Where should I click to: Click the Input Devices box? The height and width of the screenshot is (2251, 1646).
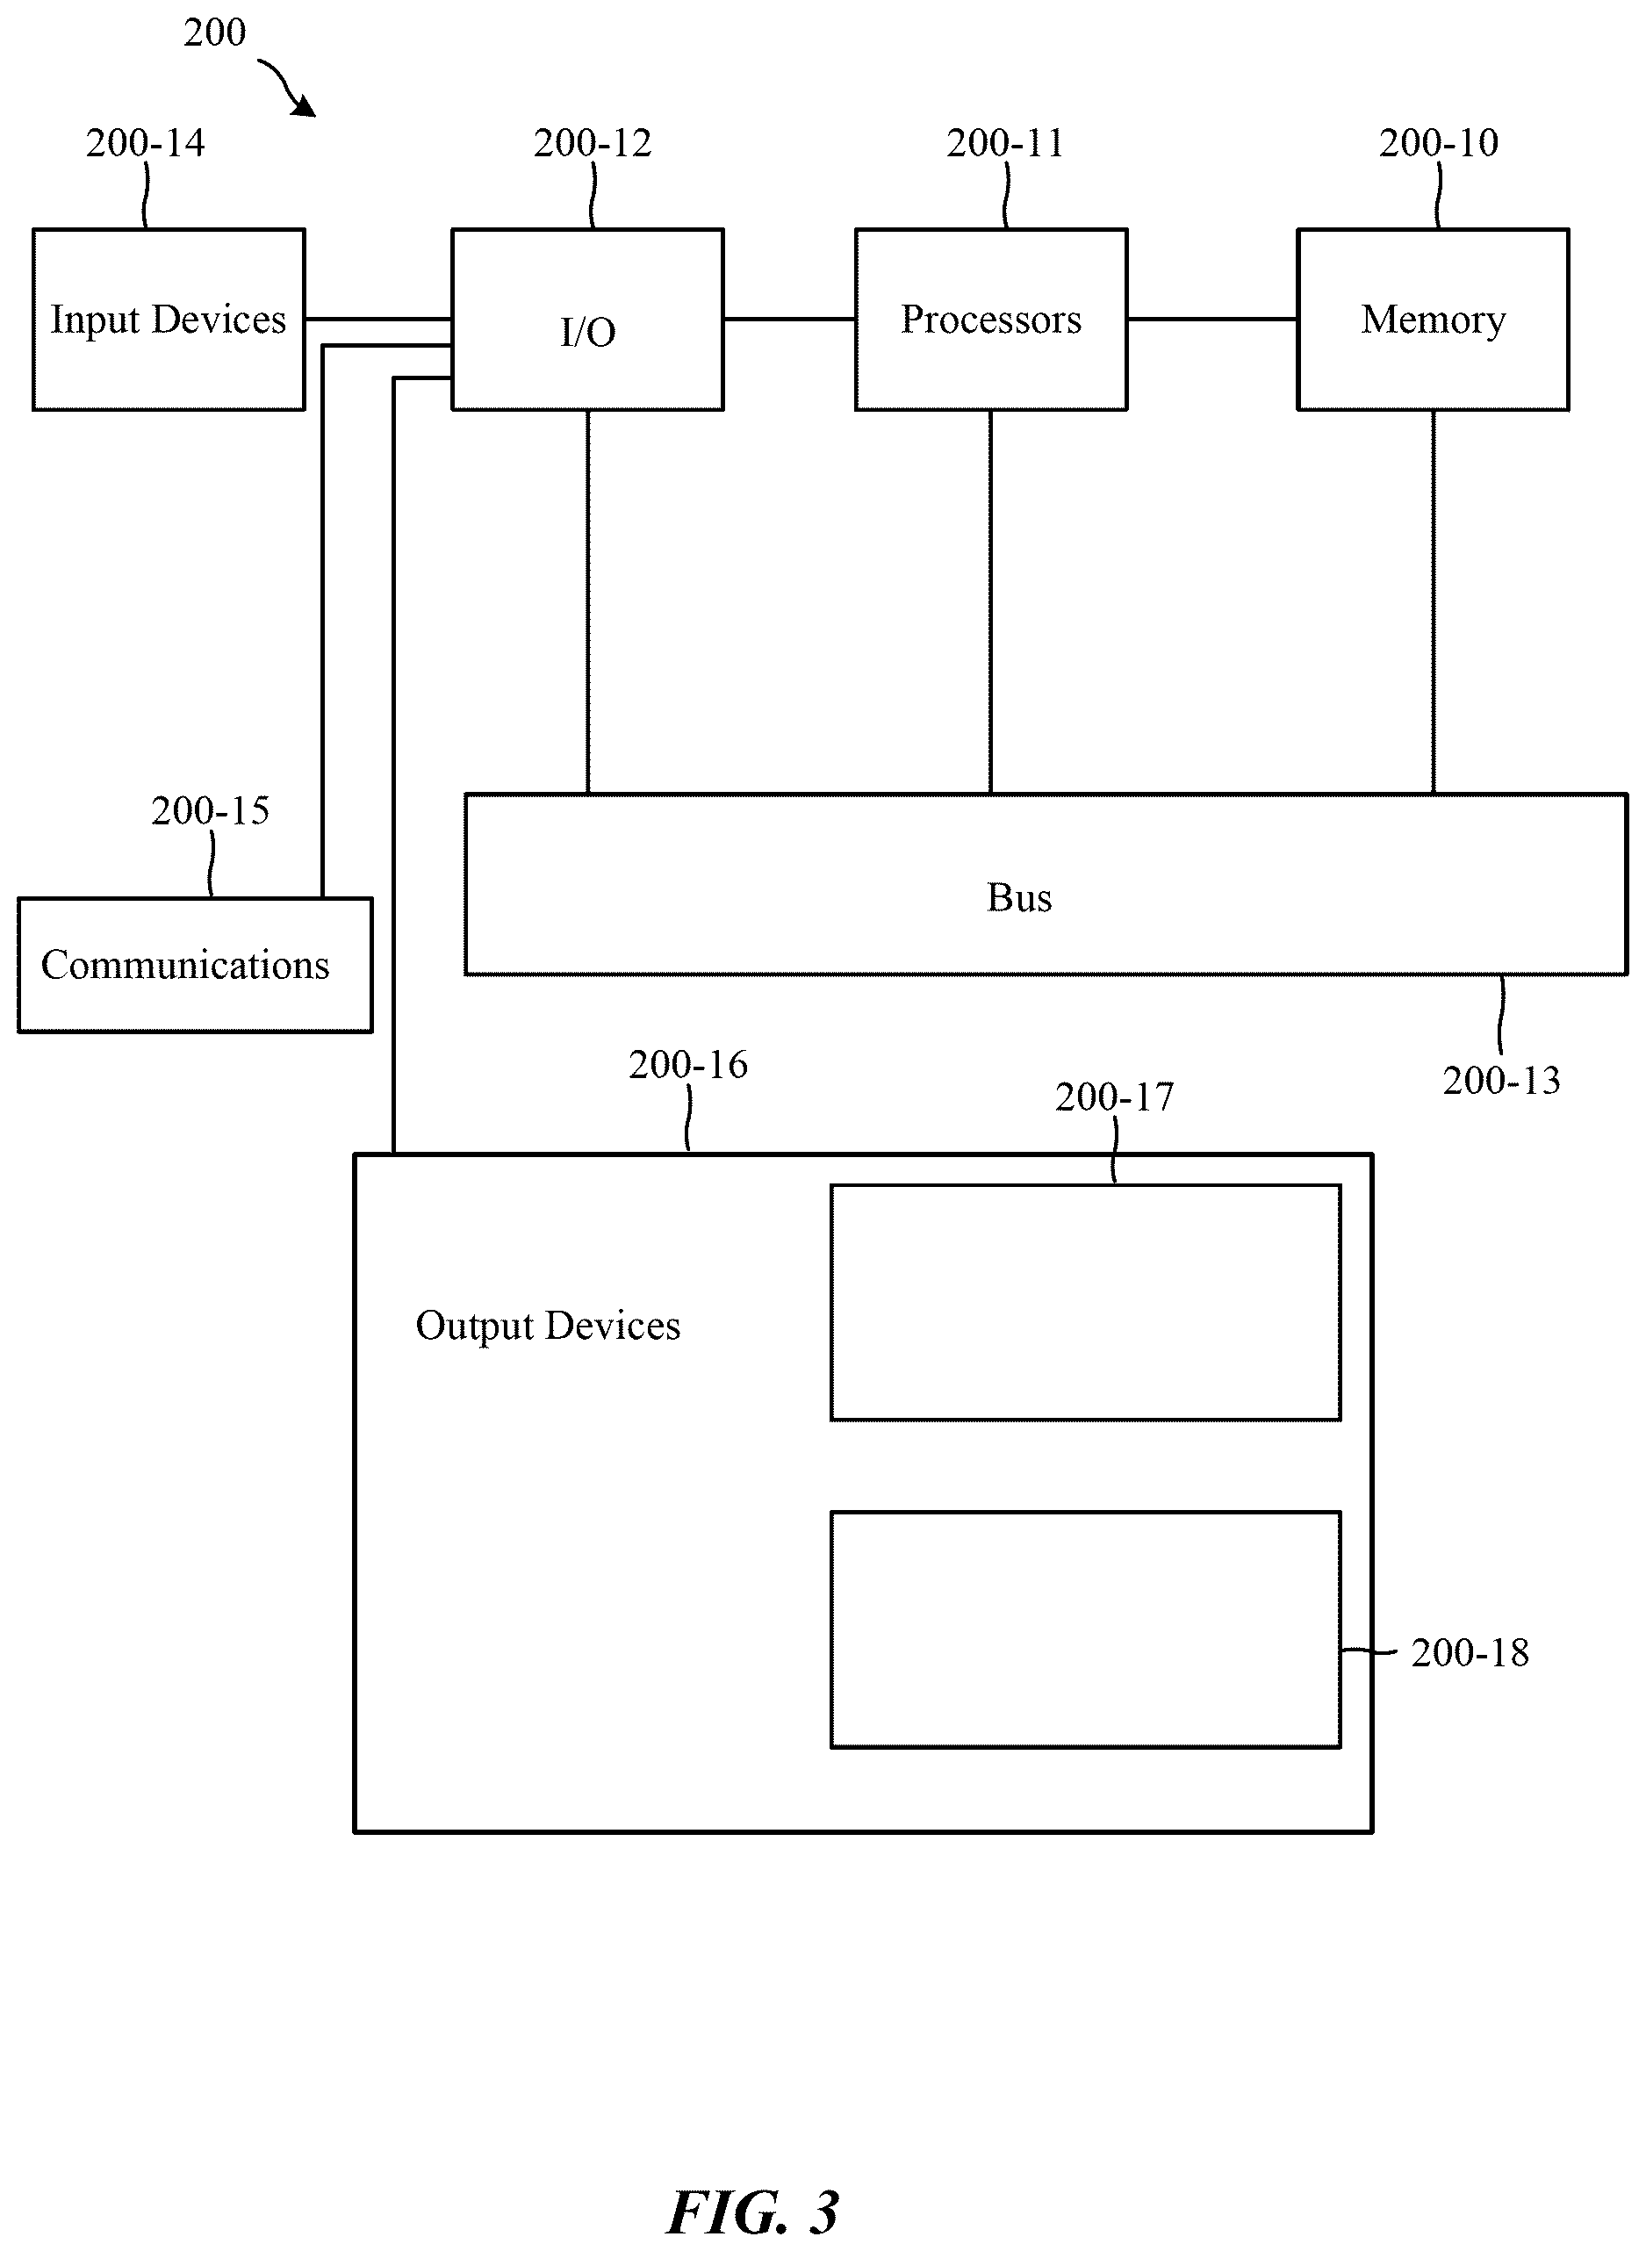pos(169,320)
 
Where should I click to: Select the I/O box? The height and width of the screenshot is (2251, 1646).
pos(588,320)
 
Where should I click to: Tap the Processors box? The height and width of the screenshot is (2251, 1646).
pos(991,320)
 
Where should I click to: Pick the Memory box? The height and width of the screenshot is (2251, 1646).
pos(1433,320)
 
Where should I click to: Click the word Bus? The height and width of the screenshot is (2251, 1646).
pos(1019,898)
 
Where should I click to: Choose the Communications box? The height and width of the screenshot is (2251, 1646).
pos(195,965)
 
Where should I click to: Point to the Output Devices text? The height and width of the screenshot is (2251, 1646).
pos(548,1327)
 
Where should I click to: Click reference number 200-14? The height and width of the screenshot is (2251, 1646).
pos(146,142)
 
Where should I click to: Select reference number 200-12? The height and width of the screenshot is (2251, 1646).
pos(593,142)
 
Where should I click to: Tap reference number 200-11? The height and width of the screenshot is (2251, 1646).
pos(1005,142)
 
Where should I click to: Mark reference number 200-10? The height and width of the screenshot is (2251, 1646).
pos(1439,142)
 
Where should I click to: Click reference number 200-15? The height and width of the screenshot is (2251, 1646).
pos(210,810)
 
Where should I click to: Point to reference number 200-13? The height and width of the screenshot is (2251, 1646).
pos(1501,1080)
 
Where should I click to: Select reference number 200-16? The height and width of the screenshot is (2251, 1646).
pos(688,1064)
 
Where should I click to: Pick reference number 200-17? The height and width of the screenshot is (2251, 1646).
pos(1115,1097)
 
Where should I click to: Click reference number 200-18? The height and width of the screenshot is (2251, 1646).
pos(1470,1653)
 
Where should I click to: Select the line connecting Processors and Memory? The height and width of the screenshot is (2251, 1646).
pos(1211,320)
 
